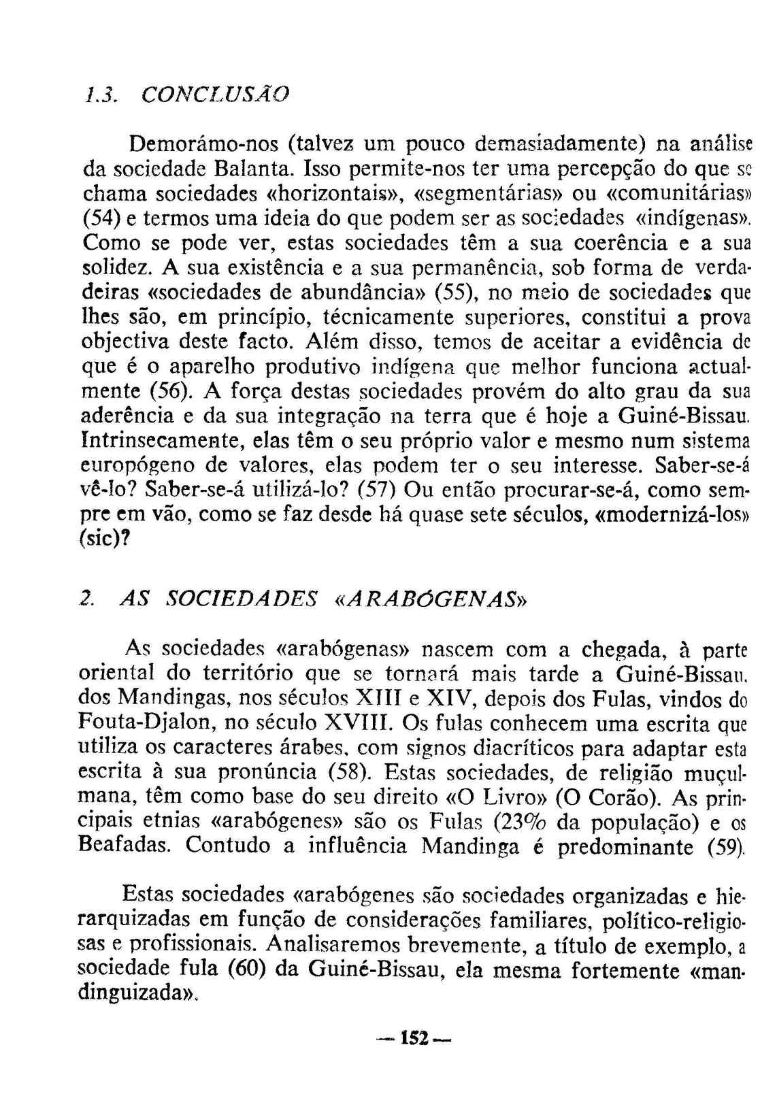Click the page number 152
pyautogui.click(x=414, y=1039)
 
